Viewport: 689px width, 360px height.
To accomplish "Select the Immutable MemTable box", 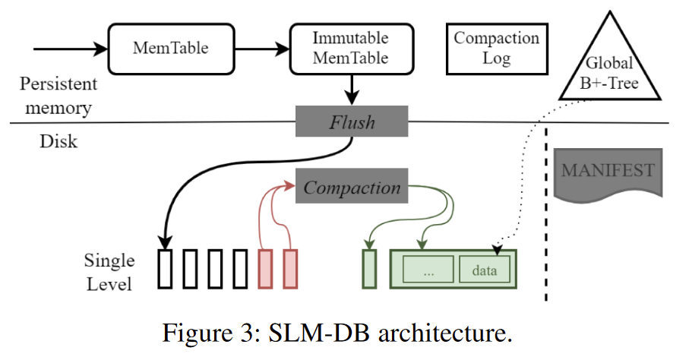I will click(350, 48).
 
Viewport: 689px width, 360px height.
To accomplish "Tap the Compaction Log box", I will click(496, 48).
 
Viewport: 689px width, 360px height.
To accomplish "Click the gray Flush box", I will click(352, 122).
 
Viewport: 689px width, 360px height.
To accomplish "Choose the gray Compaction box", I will click(352, 188).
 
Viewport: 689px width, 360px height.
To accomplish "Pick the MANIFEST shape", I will click(607, 172).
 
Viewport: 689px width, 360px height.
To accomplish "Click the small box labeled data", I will click(484, 270).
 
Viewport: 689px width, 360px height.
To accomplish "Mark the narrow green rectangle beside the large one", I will click(370, 270).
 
